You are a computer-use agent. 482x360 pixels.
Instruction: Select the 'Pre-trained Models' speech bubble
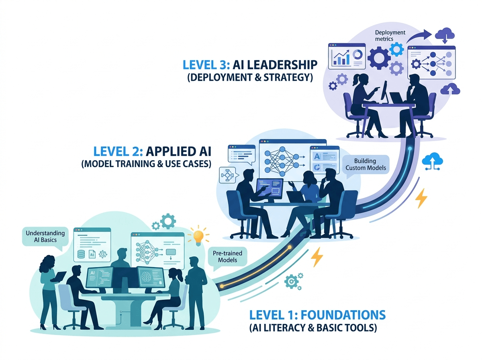[227, 257]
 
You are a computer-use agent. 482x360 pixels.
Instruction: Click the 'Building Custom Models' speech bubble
[366, 164]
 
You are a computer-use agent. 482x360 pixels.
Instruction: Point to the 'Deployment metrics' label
[390, 36]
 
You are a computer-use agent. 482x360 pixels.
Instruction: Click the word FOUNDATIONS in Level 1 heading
[343, 315]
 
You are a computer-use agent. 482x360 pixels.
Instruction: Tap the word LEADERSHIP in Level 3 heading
[275, 65]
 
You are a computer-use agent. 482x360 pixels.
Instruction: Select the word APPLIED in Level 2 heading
[170, 151]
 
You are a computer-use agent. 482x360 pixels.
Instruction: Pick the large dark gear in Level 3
[379, 58]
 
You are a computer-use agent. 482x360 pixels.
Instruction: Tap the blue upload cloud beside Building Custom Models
[432, 161]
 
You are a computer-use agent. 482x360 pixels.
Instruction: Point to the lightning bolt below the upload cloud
[421, 198]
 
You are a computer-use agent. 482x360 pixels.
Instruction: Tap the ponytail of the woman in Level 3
[355, 81]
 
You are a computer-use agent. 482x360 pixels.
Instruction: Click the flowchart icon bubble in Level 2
[228, 175]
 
